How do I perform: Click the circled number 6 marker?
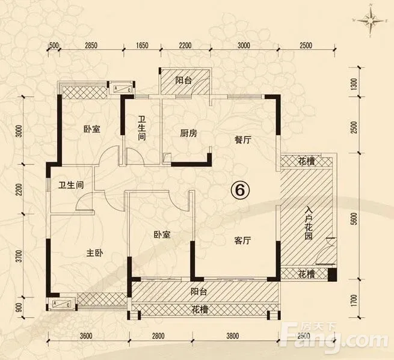[240, 191]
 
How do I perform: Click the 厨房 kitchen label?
[188, 133]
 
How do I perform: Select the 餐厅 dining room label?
[243, 140]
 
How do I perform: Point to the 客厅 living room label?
[242, 241]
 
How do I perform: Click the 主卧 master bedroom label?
[94, 253]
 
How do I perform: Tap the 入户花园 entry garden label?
[309, 223]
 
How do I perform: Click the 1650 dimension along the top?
[142, 46]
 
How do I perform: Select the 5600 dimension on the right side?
[354, 219]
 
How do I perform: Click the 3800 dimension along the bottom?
[232, 335]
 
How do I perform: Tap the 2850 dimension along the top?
[91, 46]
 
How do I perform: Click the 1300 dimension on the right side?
[354, 85]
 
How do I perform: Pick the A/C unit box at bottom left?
[61, 304]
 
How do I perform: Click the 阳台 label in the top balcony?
[183, 81]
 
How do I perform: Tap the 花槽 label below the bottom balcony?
[200, 310]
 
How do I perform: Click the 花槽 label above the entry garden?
[306, 162]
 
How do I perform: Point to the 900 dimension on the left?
[20, 308]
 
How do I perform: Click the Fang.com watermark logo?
[337, 335]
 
